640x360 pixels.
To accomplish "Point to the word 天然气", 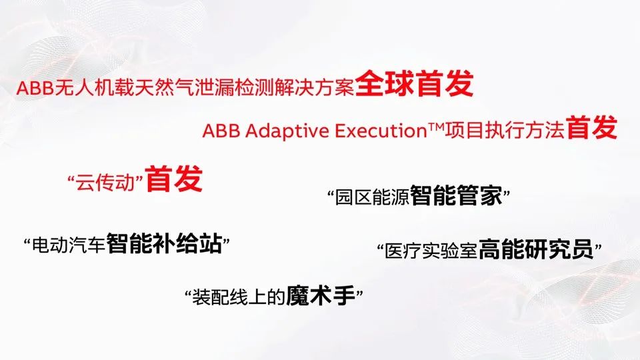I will click(x=153, y=88).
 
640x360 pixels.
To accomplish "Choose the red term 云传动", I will click(x=107, y=181).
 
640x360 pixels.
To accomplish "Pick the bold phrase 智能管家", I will click(x=457, y=197).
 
